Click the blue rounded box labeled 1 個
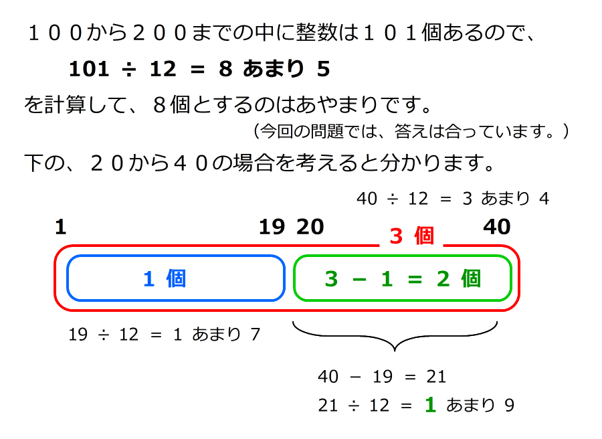coord(175,278)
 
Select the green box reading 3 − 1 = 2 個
coord(402,278)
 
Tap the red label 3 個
coord(411,236)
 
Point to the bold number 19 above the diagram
coord(272,228)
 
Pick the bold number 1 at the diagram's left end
coord(61,228)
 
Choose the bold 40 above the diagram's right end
coord(496,228)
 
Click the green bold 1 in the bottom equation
coord(430,405)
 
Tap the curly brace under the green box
coord(395,338)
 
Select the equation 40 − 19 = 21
coord(382,377)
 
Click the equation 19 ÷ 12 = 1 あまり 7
coord(164,334)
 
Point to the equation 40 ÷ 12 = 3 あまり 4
coord(453,199)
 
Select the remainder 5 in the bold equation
coord(324,69)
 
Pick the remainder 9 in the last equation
coord(508,406)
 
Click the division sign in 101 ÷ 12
coord(127,69)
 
